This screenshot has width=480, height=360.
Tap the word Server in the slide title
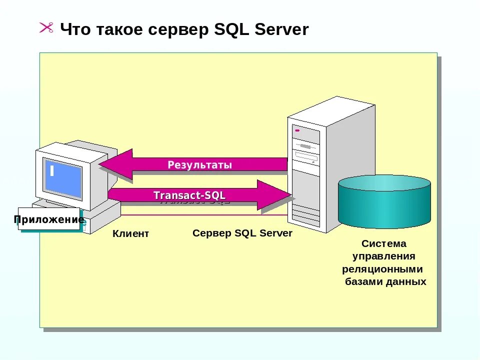(281, 29)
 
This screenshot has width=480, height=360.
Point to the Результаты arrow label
(199, 165)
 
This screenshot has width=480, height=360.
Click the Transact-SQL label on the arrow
(189, 195)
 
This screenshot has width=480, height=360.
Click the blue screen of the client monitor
(62, 178)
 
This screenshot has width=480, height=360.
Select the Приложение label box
(49, 219)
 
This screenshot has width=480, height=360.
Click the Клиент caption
(130, 233)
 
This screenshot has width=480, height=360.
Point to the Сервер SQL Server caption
(242, 233)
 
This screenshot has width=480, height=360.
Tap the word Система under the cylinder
(384, 244)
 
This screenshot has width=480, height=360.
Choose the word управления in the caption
(384, 256)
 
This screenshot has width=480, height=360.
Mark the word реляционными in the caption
(383, 269)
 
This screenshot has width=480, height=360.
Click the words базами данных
(385, 281)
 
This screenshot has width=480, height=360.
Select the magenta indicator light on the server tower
(297, 130)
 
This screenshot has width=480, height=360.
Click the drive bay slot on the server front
(306, 158)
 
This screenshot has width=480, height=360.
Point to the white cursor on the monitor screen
(51, 170)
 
